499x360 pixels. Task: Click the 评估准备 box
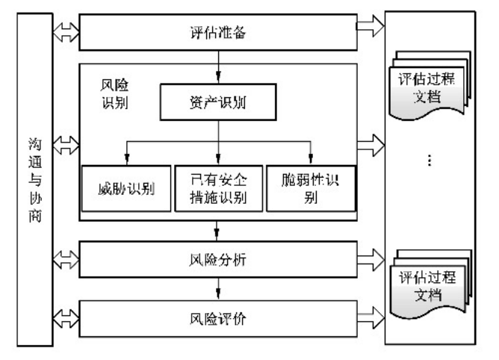pos(217,34)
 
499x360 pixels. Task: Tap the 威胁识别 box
pos(125,187)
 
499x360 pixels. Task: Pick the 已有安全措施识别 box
pos(217,187)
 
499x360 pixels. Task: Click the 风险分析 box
pos(217,261)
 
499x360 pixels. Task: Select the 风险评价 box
pos(217,319)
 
